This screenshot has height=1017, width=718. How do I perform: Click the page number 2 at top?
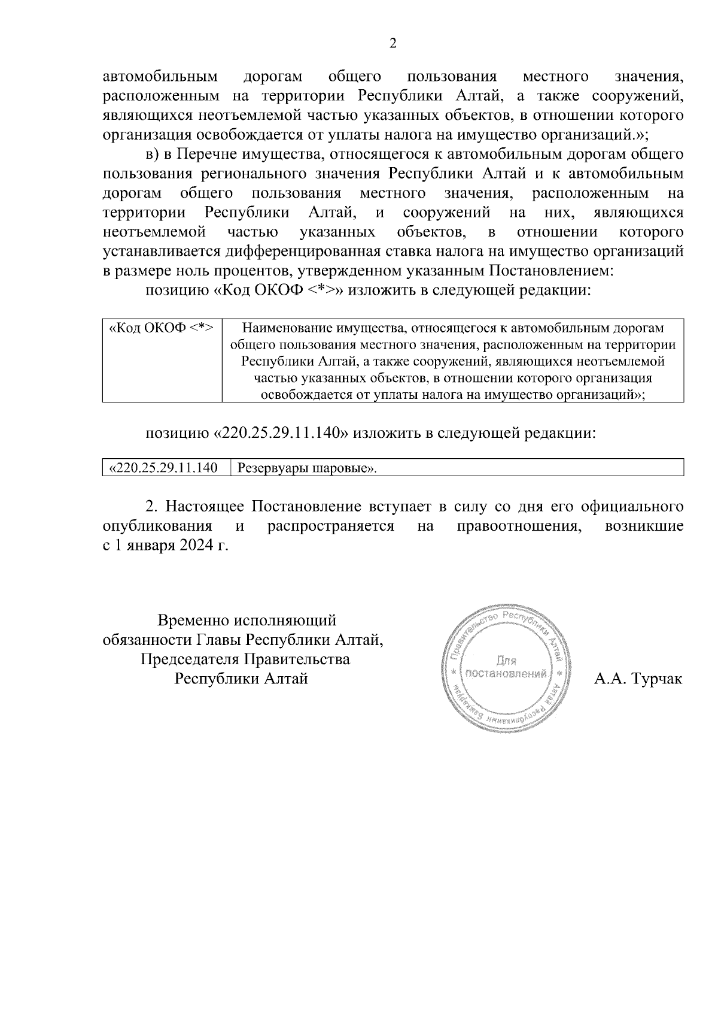pyautogui.click(x=393, y=43)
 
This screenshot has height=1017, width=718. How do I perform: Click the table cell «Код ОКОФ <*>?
pyautogui.click(x=161, y=329)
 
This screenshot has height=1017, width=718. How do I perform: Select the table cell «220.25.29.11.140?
pyautogui.click(x=162, y=468)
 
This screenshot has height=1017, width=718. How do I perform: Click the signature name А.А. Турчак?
pyautogui.click(x=638, y=680)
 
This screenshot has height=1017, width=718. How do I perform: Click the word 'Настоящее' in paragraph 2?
pyautogui.click(x=203, y=507)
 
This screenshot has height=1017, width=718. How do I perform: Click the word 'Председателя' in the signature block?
pyautogui.click(x=190, y=660)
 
